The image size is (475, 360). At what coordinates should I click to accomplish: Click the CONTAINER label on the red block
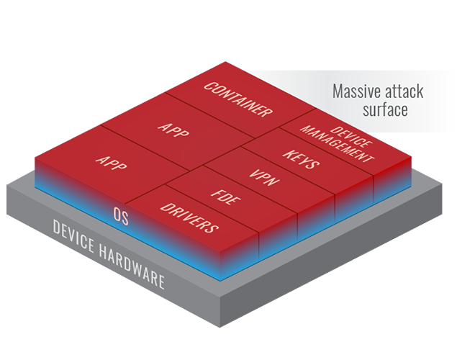(x=238, y=99)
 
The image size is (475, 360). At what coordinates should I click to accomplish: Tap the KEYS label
(x=302, y=159)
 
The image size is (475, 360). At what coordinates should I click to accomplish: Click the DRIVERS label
(x=189, y=217)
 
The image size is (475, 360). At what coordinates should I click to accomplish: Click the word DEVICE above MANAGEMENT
(x=352, y=135)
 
